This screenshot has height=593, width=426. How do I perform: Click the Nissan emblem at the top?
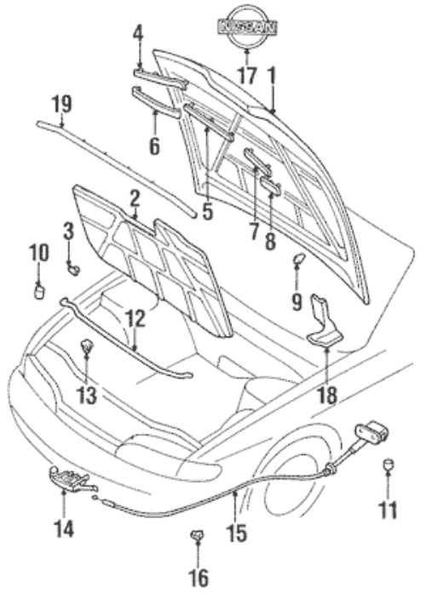click(x=247, y=26)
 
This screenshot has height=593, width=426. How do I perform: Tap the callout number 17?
click(x=247, y=75)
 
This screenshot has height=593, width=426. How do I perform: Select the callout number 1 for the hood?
click(x=272, y=75)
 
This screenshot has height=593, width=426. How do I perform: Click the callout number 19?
click(x=62, y=104)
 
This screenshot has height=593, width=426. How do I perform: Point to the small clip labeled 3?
click(x=74, y=269)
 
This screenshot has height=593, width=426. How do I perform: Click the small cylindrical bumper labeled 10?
click(x=39, y=292)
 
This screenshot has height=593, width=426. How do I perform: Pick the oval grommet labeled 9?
click(x=298, y=259)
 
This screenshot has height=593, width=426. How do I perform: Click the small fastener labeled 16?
click(x=197, y=536)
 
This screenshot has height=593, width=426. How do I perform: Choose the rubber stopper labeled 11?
click(x=389, y=463)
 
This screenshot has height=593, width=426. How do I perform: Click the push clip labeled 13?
click(x=87, y=346)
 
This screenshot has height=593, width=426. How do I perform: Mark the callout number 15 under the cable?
click(x=237, y=533)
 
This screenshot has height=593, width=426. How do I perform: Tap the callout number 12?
click(x=135, y=319)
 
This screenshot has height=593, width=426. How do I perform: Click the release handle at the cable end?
click(x=371, y=430)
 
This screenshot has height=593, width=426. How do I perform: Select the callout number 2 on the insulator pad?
click(x=135, y=199)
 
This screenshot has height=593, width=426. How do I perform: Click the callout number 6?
click(x=154, y=147)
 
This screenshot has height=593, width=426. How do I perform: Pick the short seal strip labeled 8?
click(x=271, y=187)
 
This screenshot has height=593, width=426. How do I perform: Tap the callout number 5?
click(x=207, y=212)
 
